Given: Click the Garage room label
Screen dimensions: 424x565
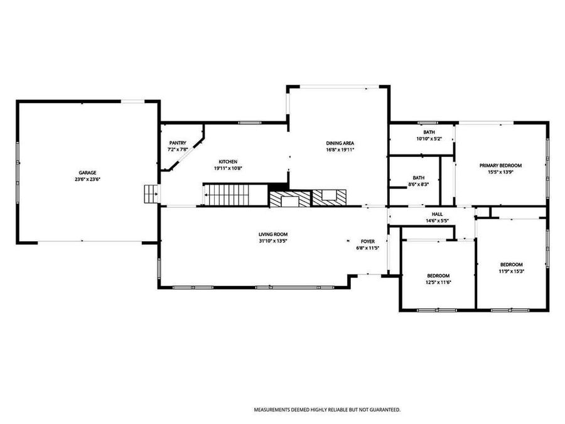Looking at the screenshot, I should pos(87,173).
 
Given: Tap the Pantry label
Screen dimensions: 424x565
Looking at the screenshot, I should pos(178,143).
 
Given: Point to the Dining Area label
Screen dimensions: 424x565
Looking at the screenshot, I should pos(340,143).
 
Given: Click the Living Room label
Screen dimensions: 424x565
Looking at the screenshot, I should pos(277,234).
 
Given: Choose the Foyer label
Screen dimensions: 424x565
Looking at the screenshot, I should pos(367,241).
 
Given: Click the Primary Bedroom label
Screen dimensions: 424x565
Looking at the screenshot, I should pos(500,165).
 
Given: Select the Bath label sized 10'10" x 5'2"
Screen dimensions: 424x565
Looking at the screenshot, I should pos(429,132).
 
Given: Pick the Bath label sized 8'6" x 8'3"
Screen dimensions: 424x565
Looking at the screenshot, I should pos(419,178).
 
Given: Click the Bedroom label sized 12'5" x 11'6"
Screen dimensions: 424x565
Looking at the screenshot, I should pos(438,276).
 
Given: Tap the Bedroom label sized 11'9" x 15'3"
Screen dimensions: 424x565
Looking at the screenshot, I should pos(511,264).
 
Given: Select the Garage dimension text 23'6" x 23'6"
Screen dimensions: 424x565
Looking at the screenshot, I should pos(87,179).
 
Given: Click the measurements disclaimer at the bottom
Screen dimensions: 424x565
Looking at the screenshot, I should pos(326,410).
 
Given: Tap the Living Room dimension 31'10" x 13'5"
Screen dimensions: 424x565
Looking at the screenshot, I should pos(277,241).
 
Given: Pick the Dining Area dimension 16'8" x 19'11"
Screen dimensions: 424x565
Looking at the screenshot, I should pos(340,150).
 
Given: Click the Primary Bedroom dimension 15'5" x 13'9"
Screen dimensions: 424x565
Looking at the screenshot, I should pos(500,172).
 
